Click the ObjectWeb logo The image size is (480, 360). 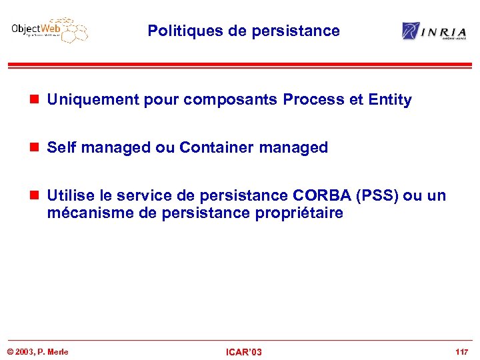(49, 30)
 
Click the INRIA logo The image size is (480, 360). (434, 31)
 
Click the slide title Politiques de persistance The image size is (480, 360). (243, 31)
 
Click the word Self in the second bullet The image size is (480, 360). (61, 147)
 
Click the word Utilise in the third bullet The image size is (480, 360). (69, 195)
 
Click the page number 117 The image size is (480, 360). (461, 351)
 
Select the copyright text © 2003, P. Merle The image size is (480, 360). (38, 351)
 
